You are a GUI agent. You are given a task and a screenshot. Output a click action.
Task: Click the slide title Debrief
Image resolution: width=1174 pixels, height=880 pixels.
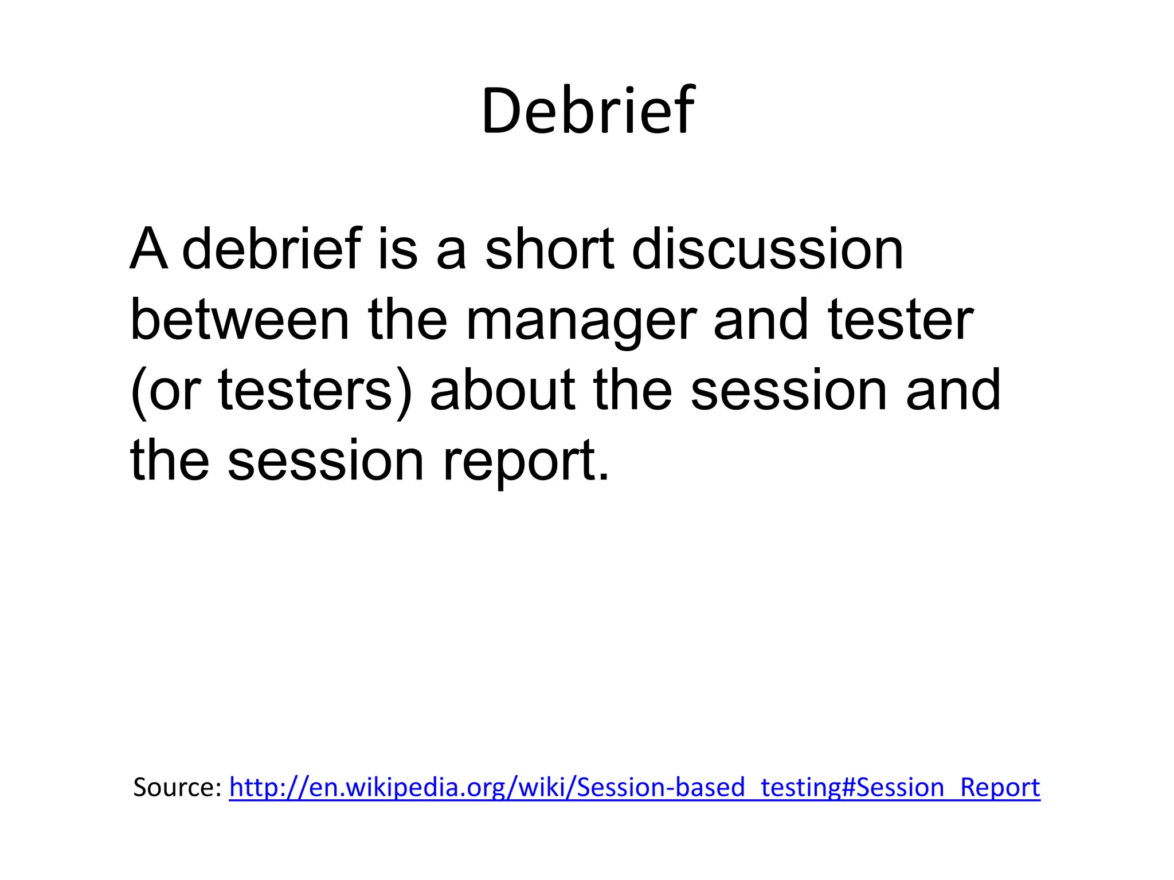click(x=588, y=111)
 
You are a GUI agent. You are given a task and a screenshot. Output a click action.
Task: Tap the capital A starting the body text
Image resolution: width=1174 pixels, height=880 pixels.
click(x=149, y=249)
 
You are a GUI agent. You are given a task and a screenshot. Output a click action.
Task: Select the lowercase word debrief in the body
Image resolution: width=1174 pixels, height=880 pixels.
click(x=272, y=249)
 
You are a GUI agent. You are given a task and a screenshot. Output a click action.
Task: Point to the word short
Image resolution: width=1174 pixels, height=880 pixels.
click(x=550, y=249)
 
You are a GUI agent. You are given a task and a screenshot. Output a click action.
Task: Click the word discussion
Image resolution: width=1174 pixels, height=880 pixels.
click(x=768, y=249)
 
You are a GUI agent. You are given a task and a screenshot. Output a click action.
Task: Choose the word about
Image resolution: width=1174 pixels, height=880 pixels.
click(x=502, y=390)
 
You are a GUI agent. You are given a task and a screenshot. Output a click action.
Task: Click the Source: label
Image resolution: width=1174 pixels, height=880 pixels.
click(x=177, y=787)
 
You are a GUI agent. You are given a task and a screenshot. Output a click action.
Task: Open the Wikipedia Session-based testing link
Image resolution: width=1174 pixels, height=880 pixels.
click(x=635, y=787)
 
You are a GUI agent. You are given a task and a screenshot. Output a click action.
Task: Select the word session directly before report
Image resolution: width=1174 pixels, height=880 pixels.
click(x=326, y=461)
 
